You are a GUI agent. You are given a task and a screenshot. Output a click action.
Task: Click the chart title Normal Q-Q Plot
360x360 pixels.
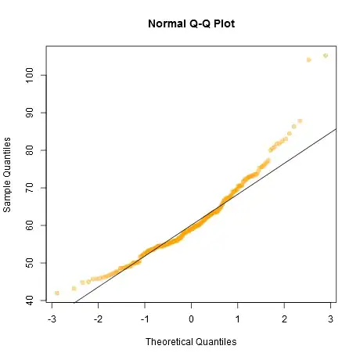click(191, 23)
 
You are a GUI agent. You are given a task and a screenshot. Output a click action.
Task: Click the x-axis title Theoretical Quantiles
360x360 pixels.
click(191, 341)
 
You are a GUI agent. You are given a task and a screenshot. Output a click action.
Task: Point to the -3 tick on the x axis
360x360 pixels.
click(52, 319)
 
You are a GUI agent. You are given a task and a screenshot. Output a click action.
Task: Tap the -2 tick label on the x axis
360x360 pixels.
click(98, 319)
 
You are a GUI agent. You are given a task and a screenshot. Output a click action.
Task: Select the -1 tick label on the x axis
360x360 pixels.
click(144, 319)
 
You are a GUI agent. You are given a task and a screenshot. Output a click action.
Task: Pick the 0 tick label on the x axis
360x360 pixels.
click(191, 319)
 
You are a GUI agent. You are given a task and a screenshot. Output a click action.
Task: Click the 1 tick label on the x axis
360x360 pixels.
click(237, 319)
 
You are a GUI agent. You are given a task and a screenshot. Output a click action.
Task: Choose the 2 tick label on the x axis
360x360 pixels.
click(283, 319)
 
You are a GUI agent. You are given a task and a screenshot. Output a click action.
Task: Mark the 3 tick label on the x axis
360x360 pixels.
click(329, 319)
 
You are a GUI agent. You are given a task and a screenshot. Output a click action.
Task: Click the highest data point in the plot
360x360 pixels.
click(326, 56)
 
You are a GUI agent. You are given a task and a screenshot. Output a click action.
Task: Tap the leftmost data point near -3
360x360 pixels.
click(57, 293)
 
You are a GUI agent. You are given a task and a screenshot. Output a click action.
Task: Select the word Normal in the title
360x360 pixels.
click(166, 23)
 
